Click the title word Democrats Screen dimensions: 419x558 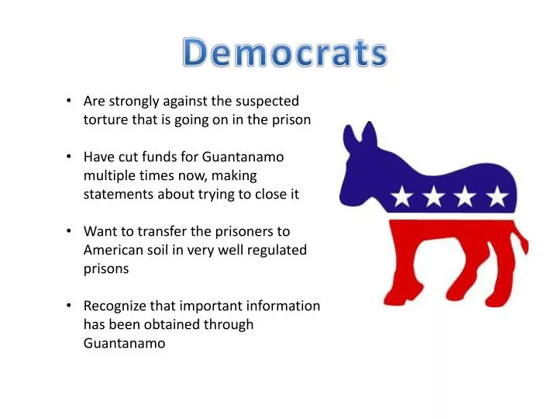click(x=284, y=53)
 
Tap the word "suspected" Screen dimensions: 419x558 click(x=267, y=102)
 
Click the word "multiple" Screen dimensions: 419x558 click(x=107, y=175)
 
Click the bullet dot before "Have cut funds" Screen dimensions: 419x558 click(x=69, y=157)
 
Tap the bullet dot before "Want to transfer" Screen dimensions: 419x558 click(x=69, y=231)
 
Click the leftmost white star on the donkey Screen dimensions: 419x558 click(x=402, y=196)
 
